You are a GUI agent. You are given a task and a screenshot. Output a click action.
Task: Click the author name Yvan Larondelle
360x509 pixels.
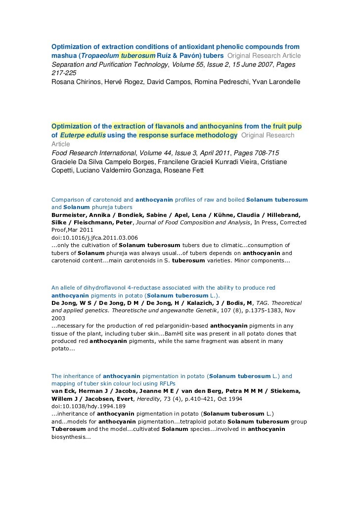(x=274, y=81)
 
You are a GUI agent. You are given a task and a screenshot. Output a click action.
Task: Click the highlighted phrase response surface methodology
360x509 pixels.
(x=188, y=135)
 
